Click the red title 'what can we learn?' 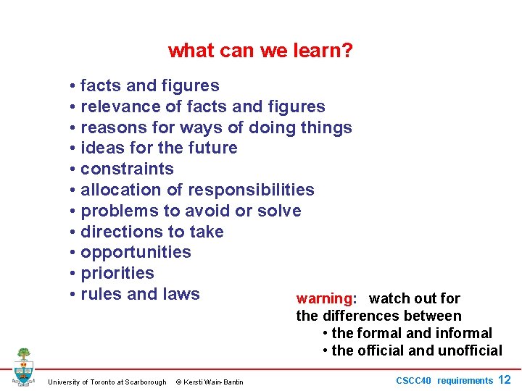point(260,51)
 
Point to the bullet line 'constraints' point(127,169)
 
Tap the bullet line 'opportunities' point(136,253)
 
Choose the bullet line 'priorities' point(117,274)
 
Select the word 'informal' point(464,334)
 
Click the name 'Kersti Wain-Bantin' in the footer point(215,382)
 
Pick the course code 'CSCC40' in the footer point(413,381)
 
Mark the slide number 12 point(505,380)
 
